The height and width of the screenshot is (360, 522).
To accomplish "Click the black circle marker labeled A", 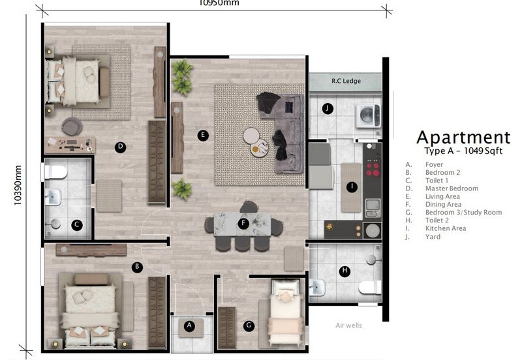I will point(190,326).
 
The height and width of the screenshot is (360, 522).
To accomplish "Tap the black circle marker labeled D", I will point(120,147).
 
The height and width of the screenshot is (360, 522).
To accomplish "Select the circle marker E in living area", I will point(203,136).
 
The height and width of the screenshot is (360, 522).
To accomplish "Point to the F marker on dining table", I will point(243,224).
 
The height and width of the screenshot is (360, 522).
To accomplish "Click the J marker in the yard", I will point(328,108).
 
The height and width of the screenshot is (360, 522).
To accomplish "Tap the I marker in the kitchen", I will point(352,187).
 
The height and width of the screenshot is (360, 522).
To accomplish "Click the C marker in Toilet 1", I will point(76,225).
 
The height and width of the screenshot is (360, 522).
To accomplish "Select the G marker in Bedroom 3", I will point(249,325).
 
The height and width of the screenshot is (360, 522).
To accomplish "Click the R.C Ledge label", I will point(345,82).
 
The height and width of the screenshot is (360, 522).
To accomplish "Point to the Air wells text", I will point(348,325).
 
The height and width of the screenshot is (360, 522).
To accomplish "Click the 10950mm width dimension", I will point(219,3).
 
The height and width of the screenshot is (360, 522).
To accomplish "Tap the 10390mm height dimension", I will point(17,184).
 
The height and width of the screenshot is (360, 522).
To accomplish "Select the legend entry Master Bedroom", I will point(452,188).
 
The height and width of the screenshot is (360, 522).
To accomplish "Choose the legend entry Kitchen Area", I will point(446,229).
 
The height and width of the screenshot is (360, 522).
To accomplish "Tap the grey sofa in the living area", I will point(288,130).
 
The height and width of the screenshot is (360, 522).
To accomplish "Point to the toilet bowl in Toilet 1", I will point(56,172).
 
